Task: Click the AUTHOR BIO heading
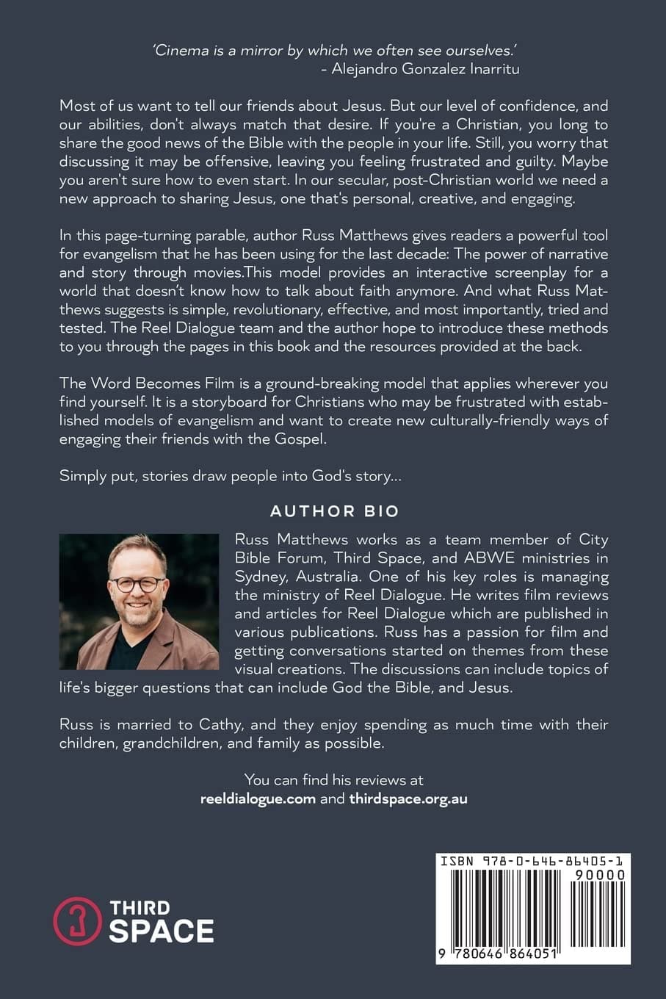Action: point(333,511)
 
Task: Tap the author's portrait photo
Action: point(139,602)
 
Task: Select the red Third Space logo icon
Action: point(76,920)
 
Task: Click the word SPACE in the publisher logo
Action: point(162,931)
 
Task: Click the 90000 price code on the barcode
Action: point(600,875)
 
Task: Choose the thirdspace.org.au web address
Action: point(408,798)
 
